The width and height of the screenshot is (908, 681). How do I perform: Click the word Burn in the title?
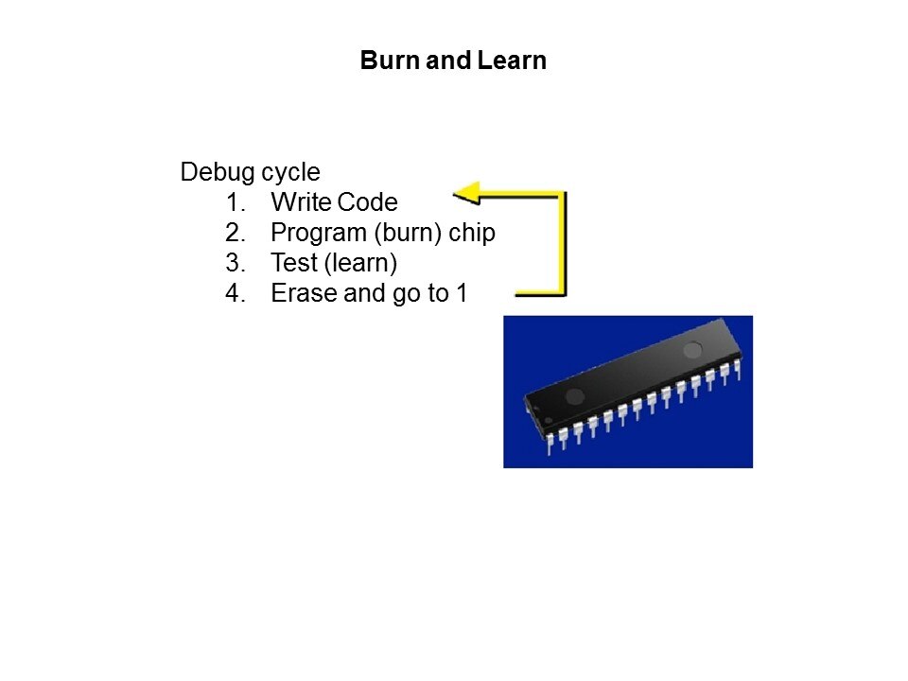pyautogui.click(x=391, y=61)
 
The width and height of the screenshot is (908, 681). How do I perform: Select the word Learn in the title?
pyautogui.click(x=513, y=61)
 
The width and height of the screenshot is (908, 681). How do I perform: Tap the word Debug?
pyautogui.click(x=218, y=172)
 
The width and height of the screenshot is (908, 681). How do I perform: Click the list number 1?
pyautogui.click(x=236, y=202)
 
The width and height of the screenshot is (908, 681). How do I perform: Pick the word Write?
pyautogui.click(x=301, y=202)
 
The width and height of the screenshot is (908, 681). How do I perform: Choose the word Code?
pyautogui.click(x=367, y=202)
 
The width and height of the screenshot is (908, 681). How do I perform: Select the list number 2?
pyautogui.click(x=236, y=233)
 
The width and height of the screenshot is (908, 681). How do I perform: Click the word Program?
pyautogui.click(x=319, y=234)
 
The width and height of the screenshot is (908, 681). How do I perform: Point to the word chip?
pyautogui.click(x=472, y=234)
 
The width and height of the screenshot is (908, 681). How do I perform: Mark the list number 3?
pyautogui.click(x=236, y=263)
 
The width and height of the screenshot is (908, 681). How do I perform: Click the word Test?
pyautogui.click(x=294, y=262)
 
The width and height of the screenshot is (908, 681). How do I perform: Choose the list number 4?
pyautogui.click(x=236, y=293)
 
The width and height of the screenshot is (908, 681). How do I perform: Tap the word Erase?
pyautogui.click(x=304, y=293)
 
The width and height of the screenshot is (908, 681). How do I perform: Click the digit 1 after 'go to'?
pyautogui.click(x=462, y=293)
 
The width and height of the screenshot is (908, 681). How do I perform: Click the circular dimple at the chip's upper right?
pyautogui.click(x=692, y=350)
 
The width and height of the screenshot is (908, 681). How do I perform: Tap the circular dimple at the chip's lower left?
pyautogui.click(x=574, y=396)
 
